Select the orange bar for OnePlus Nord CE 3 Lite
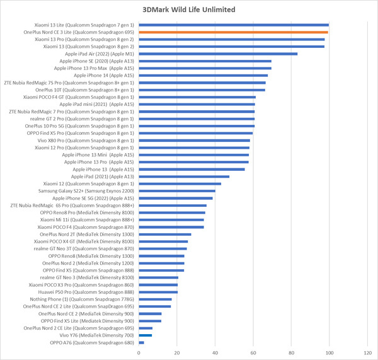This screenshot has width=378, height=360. (x=233, y=32)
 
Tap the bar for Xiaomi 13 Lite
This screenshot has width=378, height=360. (x=233, y=25)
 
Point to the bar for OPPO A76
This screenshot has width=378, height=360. (x=141, y=342)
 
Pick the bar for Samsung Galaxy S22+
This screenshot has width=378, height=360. (x=177, y=190)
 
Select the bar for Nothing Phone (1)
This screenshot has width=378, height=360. (x=155, y=299)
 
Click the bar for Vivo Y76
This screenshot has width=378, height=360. (x=146, y=335)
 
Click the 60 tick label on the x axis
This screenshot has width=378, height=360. (x=253, y=352)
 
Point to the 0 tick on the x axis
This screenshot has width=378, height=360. (x=139, y=352)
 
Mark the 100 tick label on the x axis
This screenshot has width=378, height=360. (x=329, y=352)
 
